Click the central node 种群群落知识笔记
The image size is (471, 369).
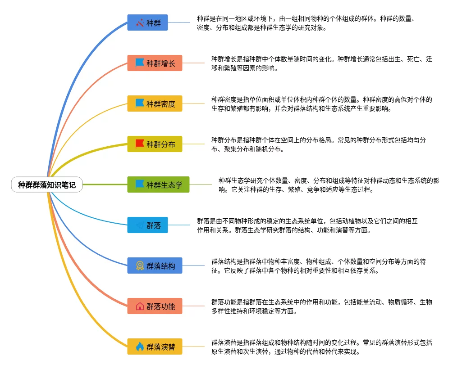47,184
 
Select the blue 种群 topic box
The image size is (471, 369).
147,22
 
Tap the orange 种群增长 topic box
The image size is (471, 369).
155,63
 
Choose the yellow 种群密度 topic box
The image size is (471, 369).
155,103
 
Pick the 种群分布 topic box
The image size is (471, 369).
155,144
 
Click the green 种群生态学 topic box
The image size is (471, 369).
158,184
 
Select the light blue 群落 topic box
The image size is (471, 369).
147,225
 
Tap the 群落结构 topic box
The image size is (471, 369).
155,265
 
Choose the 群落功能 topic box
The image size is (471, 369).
155,306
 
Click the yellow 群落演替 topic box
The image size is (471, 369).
155,346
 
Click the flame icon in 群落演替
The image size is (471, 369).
140,346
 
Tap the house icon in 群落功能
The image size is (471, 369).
140,306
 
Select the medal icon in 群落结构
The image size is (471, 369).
140,265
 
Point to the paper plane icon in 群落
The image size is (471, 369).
140,225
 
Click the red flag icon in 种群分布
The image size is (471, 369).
140,144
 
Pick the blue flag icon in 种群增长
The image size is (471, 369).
140,63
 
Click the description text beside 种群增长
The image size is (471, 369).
321,63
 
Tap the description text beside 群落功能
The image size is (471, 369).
321,306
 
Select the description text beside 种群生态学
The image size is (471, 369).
329,185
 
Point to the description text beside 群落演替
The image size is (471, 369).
321,347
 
